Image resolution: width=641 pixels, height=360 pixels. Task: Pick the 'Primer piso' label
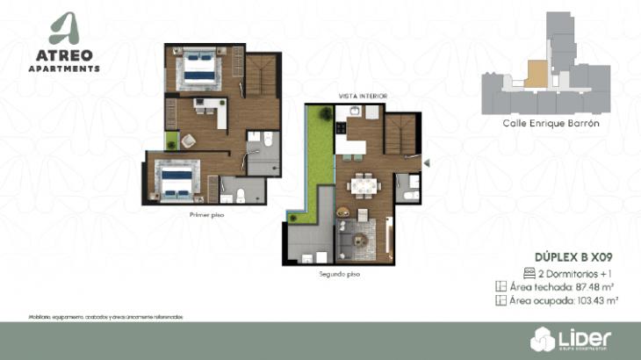206,215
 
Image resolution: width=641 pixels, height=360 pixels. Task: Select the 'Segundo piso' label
339,274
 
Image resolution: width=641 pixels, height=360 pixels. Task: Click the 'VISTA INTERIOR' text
363,95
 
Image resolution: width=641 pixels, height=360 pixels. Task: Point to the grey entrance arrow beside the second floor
427,162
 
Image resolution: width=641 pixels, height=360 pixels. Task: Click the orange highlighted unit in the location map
533,72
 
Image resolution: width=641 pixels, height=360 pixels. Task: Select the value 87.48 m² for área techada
597,287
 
